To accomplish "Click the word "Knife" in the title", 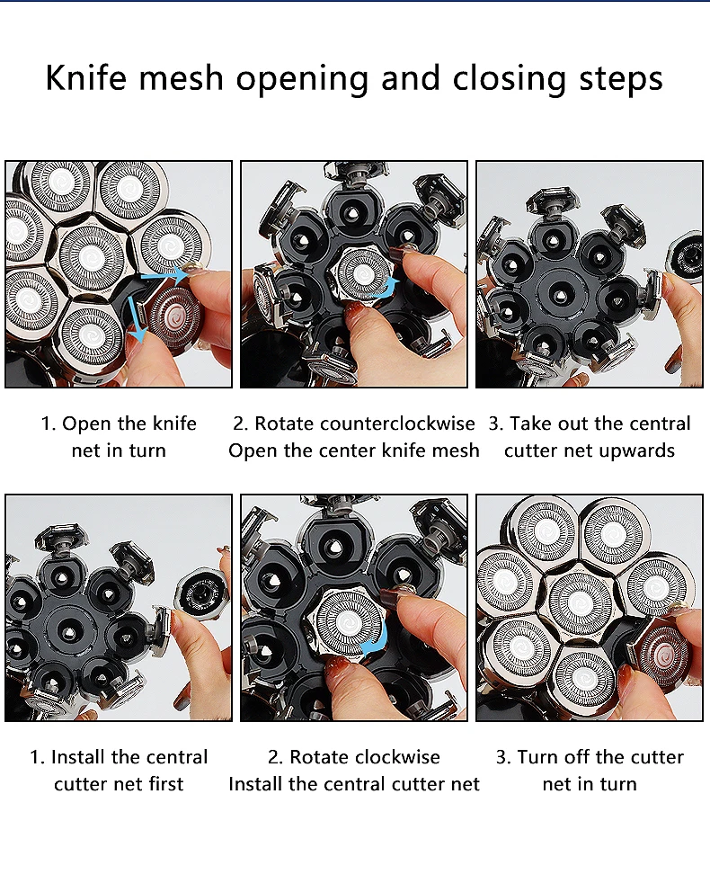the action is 85,77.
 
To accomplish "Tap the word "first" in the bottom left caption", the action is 165,784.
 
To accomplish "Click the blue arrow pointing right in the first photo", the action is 163,275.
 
